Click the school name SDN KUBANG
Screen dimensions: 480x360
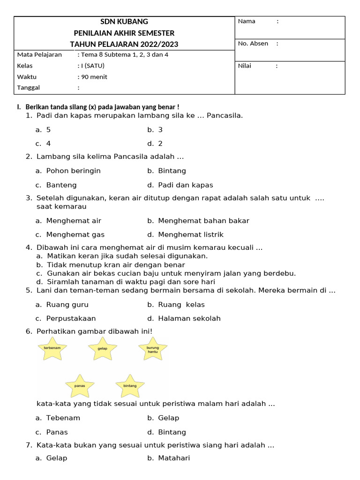point(124,22)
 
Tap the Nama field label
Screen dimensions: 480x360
point(247,21)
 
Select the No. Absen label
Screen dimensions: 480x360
point(253,44)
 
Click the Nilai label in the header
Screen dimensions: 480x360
point(245,66)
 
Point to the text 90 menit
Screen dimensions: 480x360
point(94,77)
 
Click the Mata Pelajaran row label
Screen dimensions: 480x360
point(39,54)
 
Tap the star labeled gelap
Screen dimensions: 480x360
point(103,349)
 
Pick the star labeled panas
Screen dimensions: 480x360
point(79,386)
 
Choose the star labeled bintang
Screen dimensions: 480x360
point(130,386)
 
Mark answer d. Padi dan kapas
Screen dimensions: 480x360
point(180,185)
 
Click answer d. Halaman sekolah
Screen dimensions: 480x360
point(184,319)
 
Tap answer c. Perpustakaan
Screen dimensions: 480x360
point(66,319)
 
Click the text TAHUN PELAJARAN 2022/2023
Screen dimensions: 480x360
point(124,45)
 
